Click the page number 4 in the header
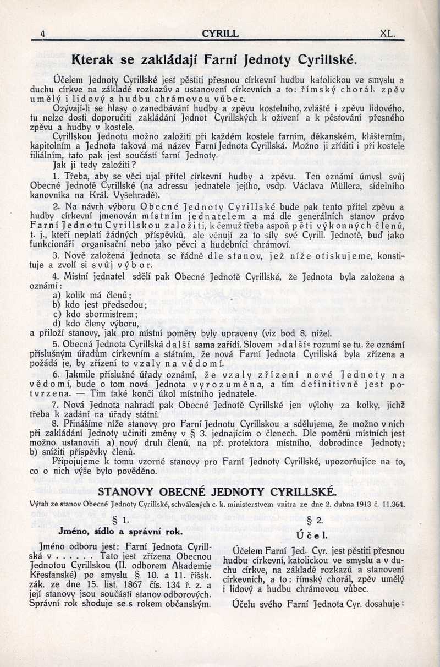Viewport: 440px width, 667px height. (x=42, y=34)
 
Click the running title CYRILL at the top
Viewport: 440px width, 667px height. (x=220, y=34)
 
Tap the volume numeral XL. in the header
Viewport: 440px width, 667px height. (x=387, y=34)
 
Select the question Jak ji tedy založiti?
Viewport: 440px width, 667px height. (x=94, y=164)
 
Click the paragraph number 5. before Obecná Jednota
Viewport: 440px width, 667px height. (x=56, y=343)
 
